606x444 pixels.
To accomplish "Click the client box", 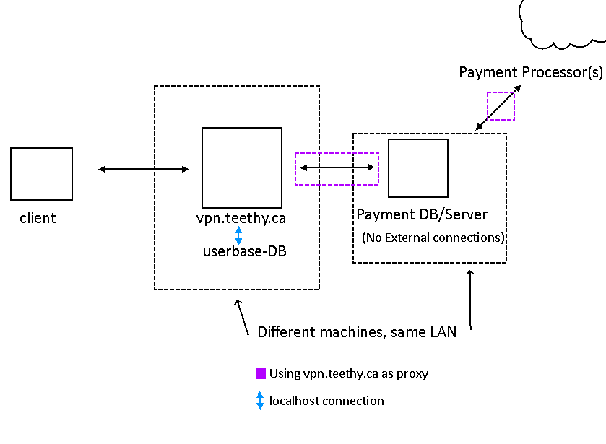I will pyautogui.click(x=41, y=174).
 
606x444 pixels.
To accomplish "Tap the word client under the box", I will pyautogui.click(x=38, y=218).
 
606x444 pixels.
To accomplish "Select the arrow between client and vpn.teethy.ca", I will pyautogui.click(x=143, y=169).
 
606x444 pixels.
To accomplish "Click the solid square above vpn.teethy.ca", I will pyautogui.click(x=241, y=167).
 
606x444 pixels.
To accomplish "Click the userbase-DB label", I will pyautogui.click(x=238, y=251).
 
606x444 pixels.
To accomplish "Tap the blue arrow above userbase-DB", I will pyautogui.click(x=238, y=235).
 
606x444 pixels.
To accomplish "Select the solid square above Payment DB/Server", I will pyautogui.click(x=417, y=168).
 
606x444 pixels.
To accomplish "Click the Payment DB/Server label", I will pyautogui.click(x=422, y=214).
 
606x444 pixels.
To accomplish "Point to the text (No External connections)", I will pyautogui.click(x=433, y=238).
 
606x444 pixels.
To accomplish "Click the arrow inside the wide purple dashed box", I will pyautogui.click(x=337, y=168).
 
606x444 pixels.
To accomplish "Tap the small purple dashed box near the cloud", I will pyautogui.click(x=501, y=105).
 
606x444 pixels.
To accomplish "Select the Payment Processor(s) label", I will pyautogui.click(x=531, y=72).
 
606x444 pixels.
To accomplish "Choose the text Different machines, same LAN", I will pyautogui.click(x=356, y=332).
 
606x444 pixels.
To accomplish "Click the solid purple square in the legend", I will pyautogui.click(x=261, y=373).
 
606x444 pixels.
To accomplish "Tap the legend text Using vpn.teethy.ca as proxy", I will pyautogui.click(x=348, y=373).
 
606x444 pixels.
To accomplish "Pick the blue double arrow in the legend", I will pyautogui.click(x=260, y=401).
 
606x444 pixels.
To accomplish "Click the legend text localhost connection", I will pyautogui.click(x=326, y=401).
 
